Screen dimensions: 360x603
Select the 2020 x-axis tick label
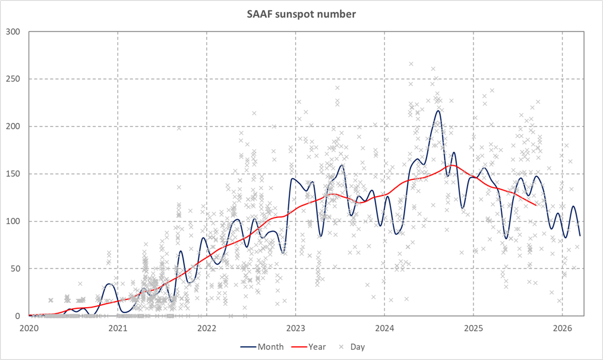(29, 327)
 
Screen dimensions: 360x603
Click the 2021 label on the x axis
(118, 327)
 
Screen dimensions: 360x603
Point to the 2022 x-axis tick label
(207, 327)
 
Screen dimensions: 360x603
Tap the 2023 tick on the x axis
(295, 327)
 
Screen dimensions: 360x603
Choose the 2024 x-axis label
(384, 327)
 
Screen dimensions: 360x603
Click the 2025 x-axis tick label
(473, 327)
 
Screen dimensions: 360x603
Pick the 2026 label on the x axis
(562, 327)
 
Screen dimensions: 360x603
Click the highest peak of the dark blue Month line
(438, 110)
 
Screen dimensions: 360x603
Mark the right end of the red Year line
(536, 205)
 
